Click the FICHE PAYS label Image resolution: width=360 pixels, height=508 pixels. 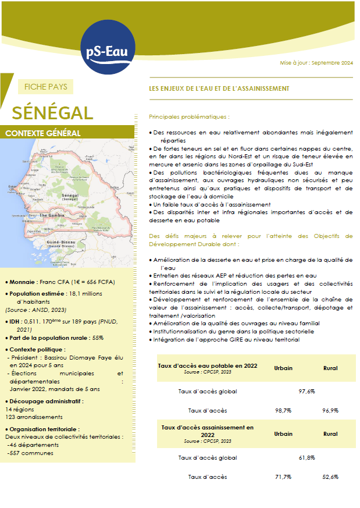(x=46, y=87)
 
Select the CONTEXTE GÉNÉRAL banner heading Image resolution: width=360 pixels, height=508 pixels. (x=42, y=133)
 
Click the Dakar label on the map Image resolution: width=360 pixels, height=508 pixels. (x=11, y=186)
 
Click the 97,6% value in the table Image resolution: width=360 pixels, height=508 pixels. (x=306, y=391)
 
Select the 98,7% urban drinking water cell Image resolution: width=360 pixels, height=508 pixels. (x=283, y=411)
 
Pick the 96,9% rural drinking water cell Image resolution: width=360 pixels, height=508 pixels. (x=330, y=411)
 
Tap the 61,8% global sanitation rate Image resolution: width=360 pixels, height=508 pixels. (x=306, y=457)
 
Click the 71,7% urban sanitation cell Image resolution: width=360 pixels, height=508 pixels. (x=283, y=477)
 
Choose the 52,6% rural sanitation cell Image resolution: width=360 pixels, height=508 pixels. (x=330, y=477)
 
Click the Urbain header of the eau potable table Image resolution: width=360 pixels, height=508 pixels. (x=283, y=368)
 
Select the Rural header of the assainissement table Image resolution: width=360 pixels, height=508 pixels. (x=330, y=434)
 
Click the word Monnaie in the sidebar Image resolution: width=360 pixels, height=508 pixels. (x=24, y=282)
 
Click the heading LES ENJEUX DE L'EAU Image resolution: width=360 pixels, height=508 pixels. (x=219, y=88)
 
